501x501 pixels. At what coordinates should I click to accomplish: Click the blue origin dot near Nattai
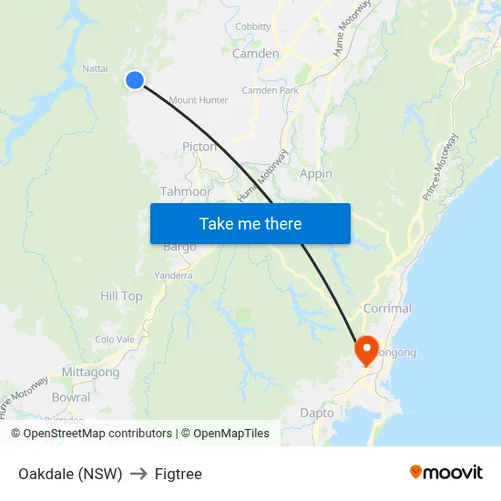[135, 80]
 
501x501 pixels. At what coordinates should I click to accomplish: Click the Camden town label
[256, 54]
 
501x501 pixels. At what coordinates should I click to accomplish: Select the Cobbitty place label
[253, 27]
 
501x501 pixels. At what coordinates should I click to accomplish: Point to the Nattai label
[95, 67]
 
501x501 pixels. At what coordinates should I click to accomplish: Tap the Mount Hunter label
[199, 100]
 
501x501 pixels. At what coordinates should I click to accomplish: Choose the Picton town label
[199, 146]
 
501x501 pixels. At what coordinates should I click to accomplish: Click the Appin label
[316, 173]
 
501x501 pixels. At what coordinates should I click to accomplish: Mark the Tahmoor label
[186, 191]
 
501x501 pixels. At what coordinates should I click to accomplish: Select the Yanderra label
[173, 275]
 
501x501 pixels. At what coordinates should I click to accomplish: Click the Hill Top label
[121, 296]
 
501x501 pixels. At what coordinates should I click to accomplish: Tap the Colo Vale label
[115, 340]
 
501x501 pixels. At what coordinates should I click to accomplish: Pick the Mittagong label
[90, 372]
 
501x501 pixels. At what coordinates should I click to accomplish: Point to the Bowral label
[71, 397]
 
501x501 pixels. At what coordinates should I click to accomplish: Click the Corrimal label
[387, 309]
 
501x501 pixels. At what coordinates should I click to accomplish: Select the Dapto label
[317, 413]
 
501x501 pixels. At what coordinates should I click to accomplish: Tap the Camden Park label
[270, 91]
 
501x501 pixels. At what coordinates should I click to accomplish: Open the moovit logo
[445, 473]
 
